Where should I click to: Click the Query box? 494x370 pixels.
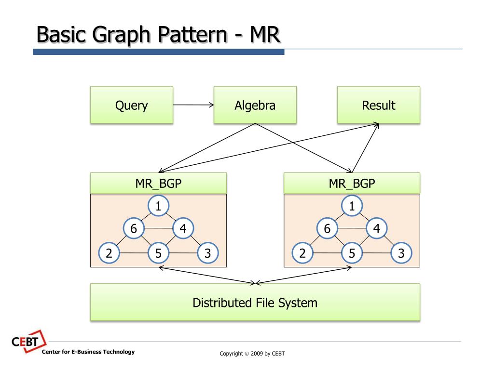[132, 105]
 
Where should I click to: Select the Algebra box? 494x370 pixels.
[255, 105]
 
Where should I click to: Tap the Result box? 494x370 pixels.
[379, 105]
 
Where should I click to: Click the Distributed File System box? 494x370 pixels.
[255, 303]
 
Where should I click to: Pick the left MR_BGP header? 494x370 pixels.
[158, 183]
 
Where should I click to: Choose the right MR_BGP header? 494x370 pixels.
[352, 183]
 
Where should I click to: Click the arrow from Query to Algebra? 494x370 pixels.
[193, 105]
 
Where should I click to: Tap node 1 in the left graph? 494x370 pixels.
[158, 206]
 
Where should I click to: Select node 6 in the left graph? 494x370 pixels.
[134, 228]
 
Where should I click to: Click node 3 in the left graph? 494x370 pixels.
[207, 253]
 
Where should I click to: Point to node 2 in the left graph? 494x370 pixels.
[109, 253]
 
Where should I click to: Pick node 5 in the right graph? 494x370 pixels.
[352, 253]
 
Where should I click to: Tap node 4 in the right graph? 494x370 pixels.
[376, 228]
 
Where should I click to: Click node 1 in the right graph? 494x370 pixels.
[352, 206]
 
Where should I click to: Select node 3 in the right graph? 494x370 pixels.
[401, 253]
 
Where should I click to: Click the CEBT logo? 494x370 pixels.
[28, 342]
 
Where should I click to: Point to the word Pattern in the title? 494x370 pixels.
[192, 35]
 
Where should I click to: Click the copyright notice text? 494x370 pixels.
[252, 354]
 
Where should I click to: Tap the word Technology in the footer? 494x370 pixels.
[119, 352]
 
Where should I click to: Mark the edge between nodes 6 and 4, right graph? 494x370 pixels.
[352, 228]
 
